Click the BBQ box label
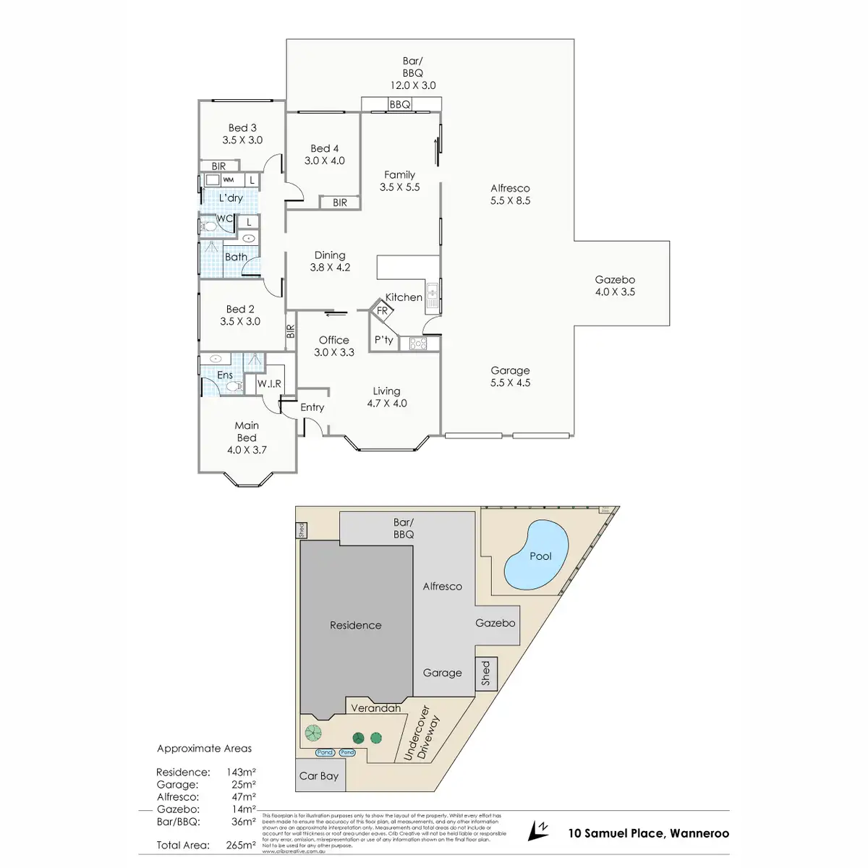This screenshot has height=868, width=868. click(x=399, y=105)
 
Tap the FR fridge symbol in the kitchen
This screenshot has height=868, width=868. click(x=382, y=311)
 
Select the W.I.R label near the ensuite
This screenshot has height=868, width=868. click(x=270, y=383)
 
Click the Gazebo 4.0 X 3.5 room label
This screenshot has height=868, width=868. click(x=615, y=286)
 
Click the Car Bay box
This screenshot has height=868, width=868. click(x=319, y=775)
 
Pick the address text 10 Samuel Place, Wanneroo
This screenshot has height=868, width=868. click(x=648, y=833)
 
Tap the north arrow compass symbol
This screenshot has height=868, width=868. click(x=537, y=830)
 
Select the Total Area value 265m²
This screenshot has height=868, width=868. click(x=240, y=845)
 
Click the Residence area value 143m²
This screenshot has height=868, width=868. click(x=240, y=772)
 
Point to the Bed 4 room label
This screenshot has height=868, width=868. click(x=325, y=148)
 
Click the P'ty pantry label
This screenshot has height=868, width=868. click(x=383, y=339)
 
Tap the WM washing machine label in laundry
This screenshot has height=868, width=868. click(x=229, y=180)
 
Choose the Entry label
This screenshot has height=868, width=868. click(x=312, y=407)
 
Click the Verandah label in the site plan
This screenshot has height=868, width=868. click(x=375, y=708)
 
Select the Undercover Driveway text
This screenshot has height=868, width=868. click(x=421, y=732)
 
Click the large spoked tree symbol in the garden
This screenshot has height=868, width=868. click(x=312, y=733)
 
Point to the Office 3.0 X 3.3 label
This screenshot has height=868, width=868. click(x=334, y=346)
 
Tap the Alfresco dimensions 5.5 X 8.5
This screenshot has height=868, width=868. click(x=510, y=200)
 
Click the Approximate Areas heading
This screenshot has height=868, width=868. click(x=205, y=749)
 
